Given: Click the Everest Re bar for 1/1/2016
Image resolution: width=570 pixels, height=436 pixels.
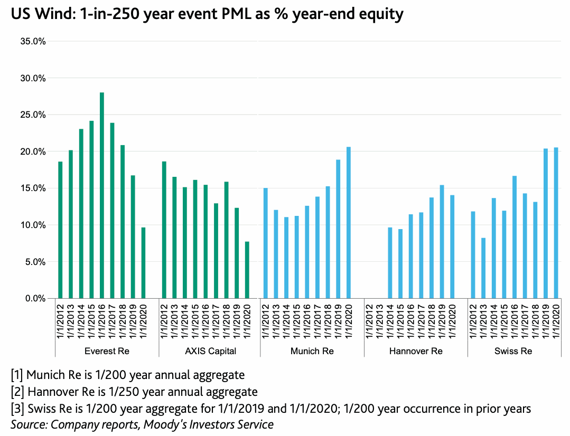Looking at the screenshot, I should (x=102, y=195).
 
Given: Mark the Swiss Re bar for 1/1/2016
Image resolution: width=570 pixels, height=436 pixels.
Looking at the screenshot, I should (x=514, y=237).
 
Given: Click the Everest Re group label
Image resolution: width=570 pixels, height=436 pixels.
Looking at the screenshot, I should (x=107, y=351).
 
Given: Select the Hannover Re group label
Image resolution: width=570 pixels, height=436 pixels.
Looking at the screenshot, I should (x=416, y=351).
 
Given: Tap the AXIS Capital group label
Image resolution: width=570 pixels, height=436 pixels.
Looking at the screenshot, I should (x=210, y=351).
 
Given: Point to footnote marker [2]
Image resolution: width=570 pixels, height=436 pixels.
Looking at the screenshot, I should (x=17, y=392).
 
